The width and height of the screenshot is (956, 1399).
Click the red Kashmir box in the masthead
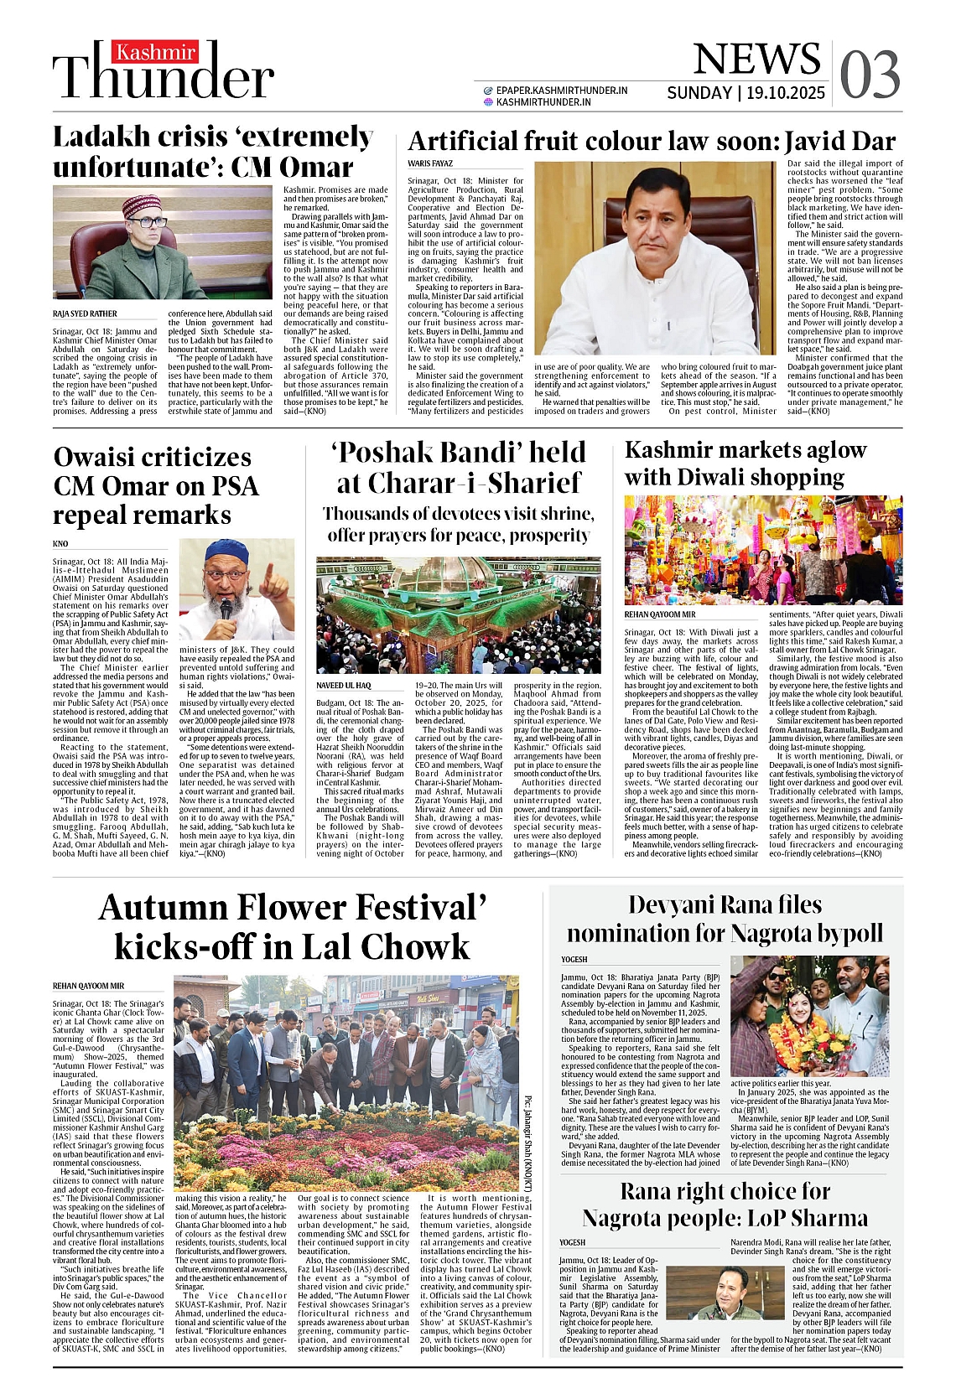point(155,53)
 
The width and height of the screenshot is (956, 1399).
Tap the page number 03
point(870,74)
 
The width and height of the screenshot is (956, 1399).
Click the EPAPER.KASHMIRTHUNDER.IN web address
point(561,90)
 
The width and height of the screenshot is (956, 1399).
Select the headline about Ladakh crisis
point(213,152)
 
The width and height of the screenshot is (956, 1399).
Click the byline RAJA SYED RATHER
point(85,313)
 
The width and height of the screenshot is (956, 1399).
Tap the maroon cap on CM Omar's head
point(141,205)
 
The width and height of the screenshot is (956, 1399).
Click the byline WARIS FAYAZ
point(430,163)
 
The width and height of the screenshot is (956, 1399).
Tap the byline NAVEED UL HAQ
point(343,685)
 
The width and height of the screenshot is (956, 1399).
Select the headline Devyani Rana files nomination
point(724,919)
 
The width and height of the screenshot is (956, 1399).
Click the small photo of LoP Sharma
point(719,1292)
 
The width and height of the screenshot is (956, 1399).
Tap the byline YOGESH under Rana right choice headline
point(573,1242)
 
